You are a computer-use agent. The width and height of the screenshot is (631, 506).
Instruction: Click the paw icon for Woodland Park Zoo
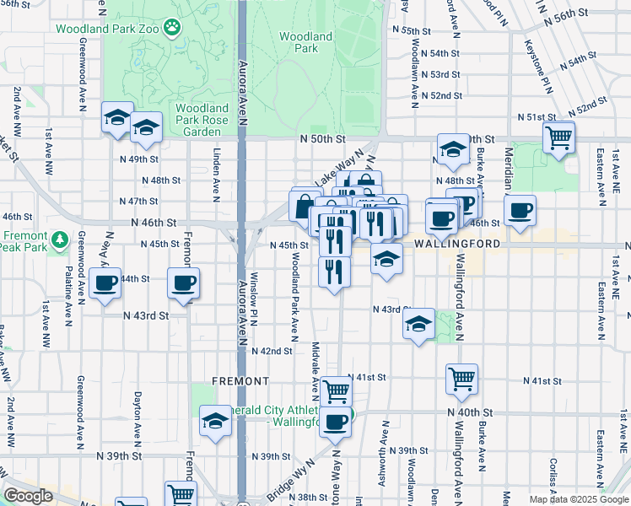(x=174, y=28)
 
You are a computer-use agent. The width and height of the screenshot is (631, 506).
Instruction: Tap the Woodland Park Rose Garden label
(x=202, y=120)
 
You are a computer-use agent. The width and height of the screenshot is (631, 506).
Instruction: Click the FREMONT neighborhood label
(x=240, y=381)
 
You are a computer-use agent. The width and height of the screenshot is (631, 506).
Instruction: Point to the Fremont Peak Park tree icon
(x=60, y=240)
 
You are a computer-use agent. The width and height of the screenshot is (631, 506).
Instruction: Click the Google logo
(x=28, y=496)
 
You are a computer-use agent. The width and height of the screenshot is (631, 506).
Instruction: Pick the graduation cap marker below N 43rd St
(x=419, y=325)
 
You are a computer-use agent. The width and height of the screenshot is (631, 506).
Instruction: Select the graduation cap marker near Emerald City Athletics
(x=215, y=420)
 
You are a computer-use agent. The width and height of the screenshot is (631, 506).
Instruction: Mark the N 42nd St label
(x=276, y=351)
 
